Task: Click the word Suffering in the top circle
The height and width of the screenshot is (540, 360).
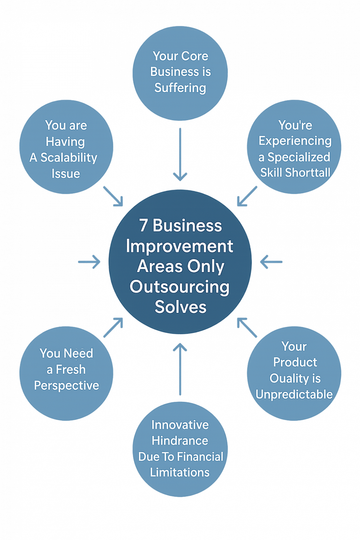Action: pos(180,88)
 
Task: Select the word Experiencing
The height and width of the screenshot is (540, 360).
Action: pos(295,141)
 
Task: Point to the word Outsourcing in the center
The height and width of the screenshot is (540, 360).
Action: pos(180,287)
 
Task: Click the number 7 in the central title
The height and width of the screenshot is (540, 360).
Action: pos(143,226)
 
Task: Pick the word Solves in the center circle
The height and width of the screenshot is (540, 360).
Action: pos(180,307)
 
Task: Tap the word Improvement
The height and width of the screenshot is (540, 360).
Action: pos(180,246)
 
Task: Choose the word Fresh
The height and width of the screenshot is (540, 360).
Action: pos(71,369)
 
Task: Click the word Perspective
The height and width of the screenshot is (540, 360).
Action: pos(67,386)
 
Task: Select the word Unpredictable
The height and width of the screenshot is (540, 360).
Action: pos(294,395)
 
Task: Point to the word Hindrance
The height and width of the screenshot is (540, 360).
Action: pos(180,441)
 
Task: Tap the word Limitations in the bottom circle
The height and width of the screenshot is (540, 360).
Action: pos(180,472)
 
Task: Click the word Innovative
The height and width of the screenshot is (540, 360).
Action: pos(180,425)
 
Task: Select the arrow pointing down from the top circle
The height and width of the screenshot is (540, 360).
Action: pos(180,155)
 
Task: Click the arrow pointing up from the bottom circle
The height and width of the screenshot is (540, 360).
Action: pos(180,369)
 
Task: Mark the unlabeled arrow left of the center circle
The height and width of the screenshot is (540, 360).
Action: pos(90,262)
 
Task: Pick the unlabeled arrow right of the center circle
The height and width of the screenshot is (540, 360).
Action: pos(271,262)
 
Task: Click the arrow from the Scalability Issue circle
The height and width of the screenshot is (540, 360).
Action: pos(113,197)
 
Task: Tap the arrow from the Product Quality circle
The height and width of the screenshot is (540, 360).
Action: pos(247,328)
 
